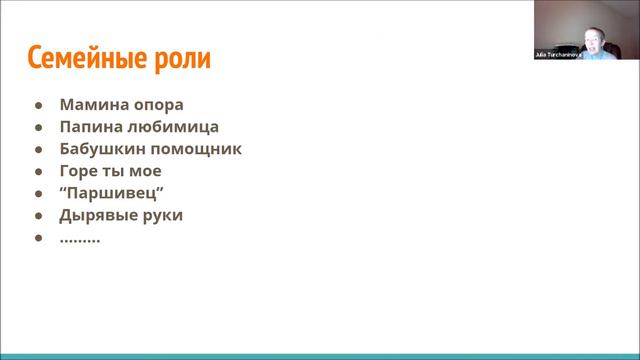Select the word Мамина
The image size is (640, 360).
91,104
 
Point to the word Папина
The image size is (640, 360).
90,127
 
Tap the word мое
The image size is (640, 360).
145,171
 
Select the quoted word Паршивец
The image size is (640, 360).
111,193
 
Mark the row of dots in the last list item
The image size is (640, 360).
80,239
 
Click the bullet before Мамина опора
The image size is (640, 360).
38,105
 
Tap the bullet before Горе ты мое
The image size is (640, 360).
38,171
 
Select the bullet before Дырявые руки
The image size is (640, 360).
38,216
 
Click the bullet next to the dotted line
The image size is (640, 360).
38,238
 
